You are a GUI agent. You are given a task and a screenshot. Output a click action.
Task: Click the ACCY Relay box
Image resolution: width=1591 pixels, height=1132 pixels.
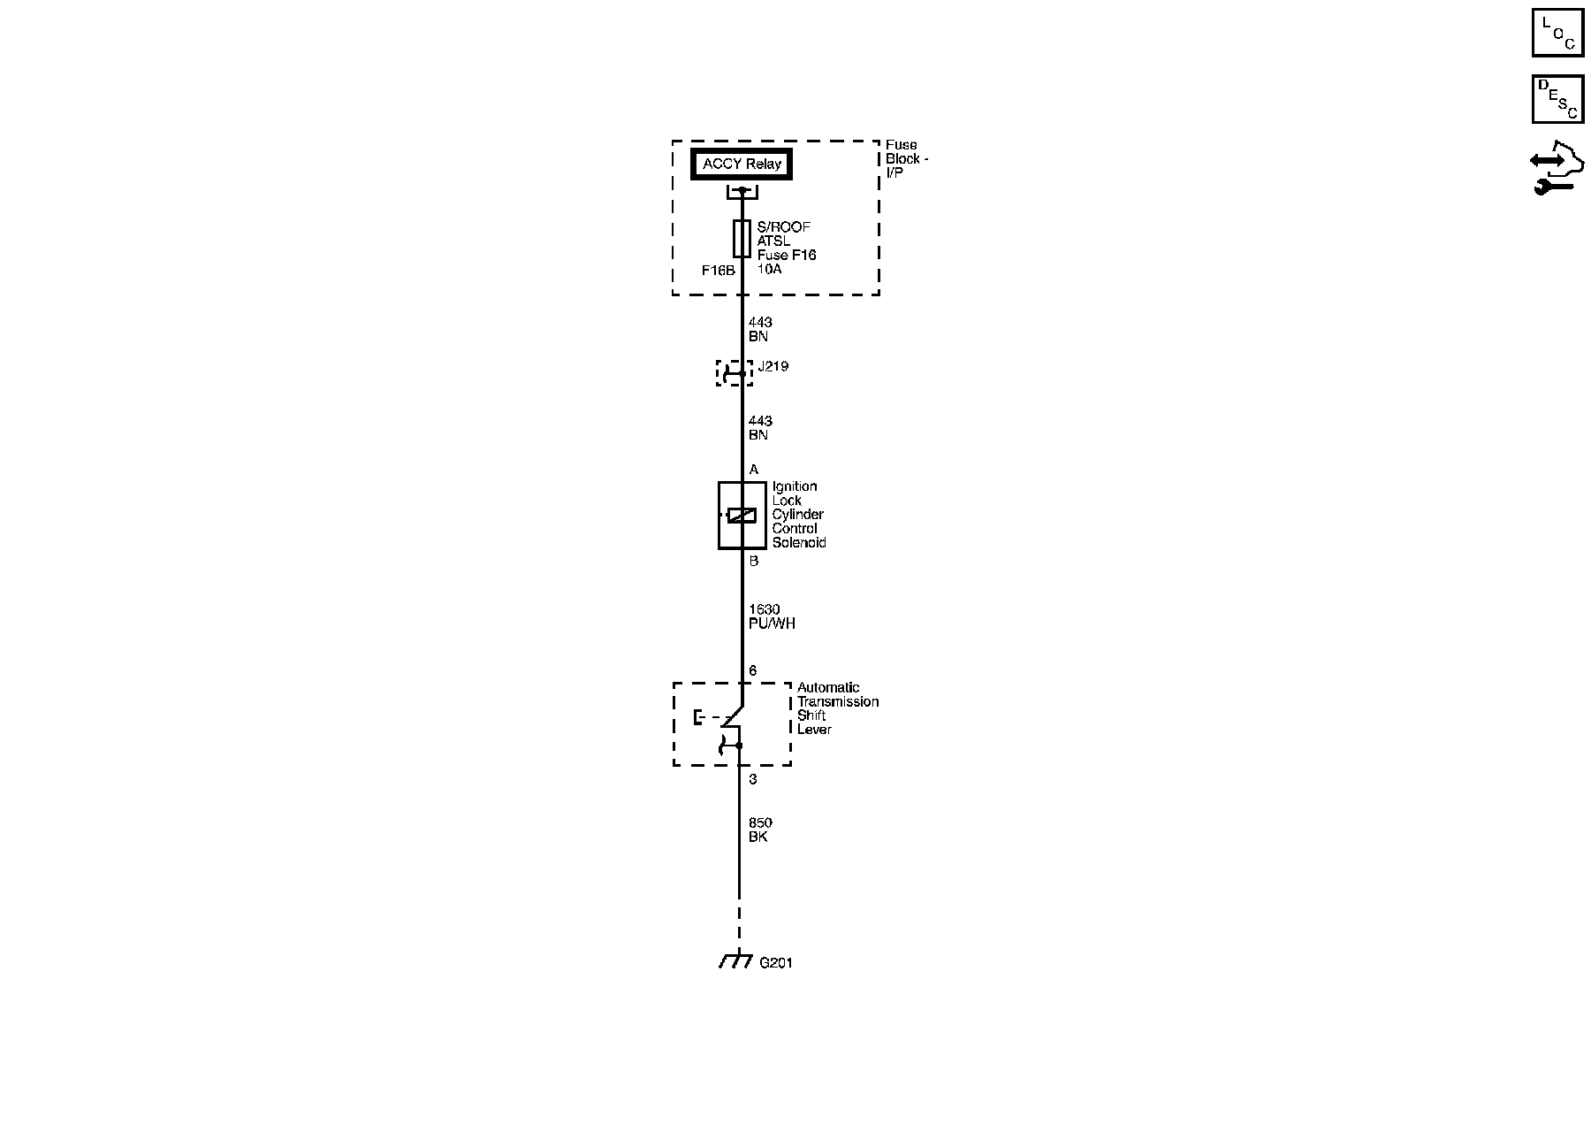pyautogui.click(x=742, y=164)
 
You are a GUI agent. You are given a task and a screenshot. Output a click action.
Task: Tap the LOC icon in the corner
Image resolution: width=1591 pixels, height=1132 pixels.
pyautogui.click(x=1557, y=33)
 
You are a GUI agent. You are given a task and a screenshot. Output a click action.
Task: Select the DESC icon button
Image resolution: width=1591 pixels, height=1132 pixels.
pyautogui.click(x=1557, y=99)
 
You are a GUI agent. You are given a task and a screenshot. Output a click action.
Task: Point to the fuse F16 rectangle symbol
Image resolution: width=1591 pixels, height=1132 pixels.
pyautogui.click(x=742, y=239)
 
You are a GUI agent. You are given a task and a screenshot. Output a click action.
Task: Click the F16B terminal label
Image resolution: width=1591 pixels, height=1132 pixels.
pyautogui.click(x=718, y=271)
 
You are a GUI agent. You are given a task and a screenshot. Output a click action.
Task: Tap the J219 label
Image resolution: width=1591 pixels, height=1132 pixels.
pyautogui.click(x=773, y=366)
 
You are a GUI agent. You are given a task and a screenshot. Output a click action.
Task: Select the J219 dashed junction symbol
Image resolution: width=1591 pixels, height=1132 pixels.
pyautogui.click(x=734, y=373)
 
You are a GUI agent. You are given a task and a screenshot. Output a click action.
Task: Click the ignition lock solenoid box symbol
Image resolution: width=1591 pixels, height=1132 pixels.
pyautogui.click(x=741, y=516)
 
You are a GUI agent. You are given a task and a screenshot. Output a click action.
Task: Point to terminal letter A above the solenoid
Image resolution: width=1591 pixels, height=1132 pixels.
pyautogui.click(x=754, y=470)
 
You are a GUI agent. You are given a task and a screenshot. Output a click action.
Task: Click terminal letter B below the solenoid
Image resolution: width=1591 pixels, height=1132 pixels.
pyautogui.click(x=754, y=561)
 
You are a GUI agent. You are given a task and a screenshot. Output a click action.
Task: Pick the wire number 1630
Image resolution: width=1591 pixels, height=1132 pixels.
pyautogui.click(x=764, y=609)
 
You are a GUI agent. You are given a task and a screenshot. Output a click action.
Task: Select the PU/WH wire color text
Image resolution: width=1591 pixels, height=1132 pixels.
pyautogui.click(x=772, y=623)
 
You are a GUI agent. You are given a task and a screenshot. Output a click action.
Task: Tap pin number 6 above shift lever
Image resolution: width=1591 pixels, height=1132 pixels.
pyautogui.click(x=753, y=671)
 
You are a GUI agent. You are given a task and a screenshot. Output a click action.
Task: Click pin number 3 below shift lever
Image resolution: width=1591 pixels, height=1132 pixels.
pyautogui.click(x=753, y=779)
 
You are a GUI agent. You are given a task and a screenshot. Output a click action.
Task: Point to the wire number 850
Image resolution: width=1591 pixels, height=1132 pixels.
pyautogui.click(x=760, y=822)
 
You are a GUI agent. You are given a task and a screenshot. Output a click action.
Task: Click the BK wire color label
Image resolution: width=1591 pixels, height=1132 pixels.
pyautogui.click(x=757, y=837)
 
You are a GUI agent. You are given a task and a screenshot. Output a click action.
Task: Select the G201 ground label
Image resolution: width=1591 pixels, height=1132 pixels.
pyautogui.click(x=776, y=962)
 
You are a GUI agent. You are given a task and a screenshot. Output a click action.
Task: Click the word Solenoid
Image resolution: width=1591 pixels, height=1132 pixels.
pyautogui.click(x=799, y=543)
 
